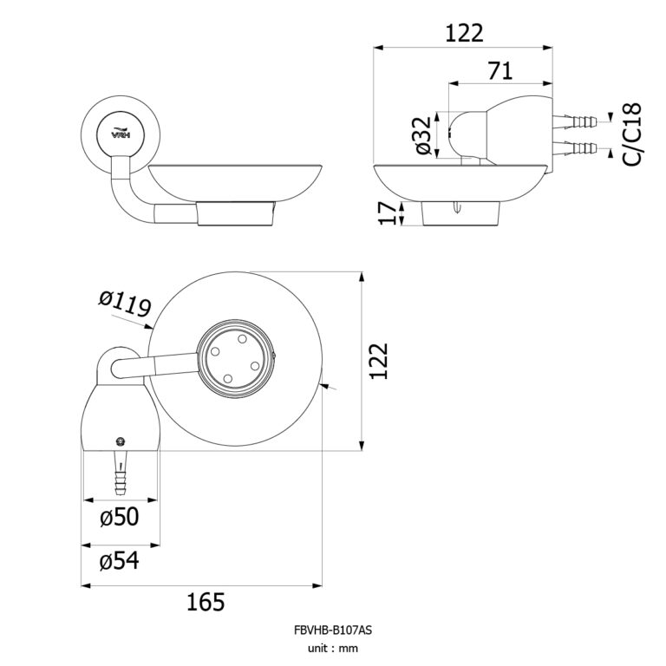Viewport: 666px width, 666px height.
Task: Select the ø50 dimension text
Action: pyautogui.click(x=119, y=518)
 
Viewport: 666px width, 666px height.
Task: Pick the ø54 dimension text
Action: pyautogui.click(x=119, y=561)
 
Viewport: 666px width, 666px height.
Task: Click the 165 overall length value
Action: pyautogui.click(x=205, y=601)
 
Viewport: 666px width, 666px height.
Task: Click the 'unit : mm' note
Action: pyautogui.click(x=332, y=648)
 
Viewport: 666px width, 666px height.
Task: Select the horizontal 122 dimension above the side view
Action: pyautogui.click(x=464, y=33)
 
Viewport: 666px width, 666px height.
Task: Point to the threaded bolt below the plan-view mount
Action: pyautogui.click(x=120, y=473)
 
